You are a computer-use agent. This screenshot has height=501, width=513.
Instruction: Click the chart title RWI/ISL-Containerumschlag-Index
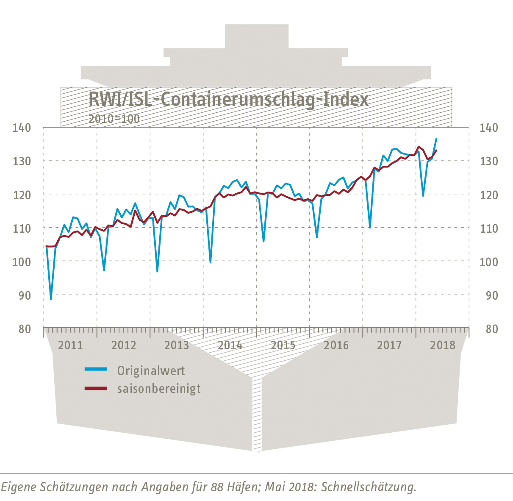[228, 100]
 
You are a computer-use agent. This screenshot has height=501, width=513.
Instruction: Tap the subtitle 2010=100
[114, 119]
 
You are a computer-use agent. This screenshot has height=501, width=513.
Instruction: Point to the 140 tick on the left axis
[22, 128]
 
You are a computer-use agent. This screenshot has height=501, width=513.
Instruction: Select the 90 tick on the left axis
[25, 295]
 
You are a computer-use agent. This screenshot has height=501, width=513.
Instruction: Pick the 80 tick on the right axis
[491, 328]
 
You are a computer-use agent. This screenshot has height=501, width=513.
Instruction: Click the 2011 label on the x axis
[70, 345]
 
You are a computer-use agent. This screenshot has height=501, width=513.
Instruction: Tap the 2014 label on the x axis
[230, 345]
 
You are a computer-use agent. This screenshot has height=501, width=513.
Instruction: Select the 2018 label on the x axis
[443, 345]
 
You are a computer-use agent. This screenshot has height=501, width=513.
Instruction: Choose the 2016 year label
[336, 345]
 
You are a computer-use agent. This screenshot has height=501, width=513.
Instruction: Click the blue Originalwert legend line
[96, 370]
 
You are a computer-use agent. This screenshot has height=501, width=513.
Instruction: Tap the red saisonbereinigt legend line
[96, 388]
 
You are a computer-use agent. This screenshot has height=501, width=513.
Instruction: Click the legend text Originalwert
[151, 371]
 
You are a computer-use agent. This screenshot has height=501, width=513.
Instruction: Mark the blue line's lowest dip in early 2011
[51, 299]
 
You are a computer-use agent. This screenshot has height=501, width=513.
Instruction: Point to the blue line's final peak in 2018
[436, 139]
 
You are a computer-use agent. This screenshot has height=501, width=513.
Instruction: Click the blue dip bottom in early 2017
[370, 228]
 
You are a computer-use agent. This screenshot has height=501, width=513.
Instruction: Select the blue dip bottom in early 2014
[211, 263]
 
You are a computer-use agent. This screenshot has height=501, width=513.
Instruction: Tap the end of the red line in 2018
[436, 150]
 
